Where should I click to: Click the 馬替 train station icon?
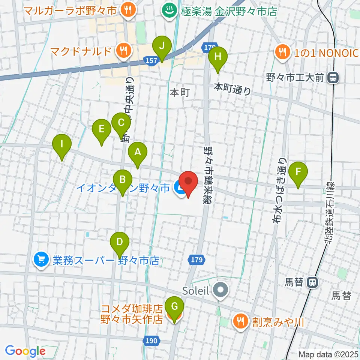311,282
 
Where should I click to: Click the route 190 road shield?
152,340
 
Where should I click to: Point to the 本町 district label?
180,92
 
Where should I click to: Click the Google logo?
25,351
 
